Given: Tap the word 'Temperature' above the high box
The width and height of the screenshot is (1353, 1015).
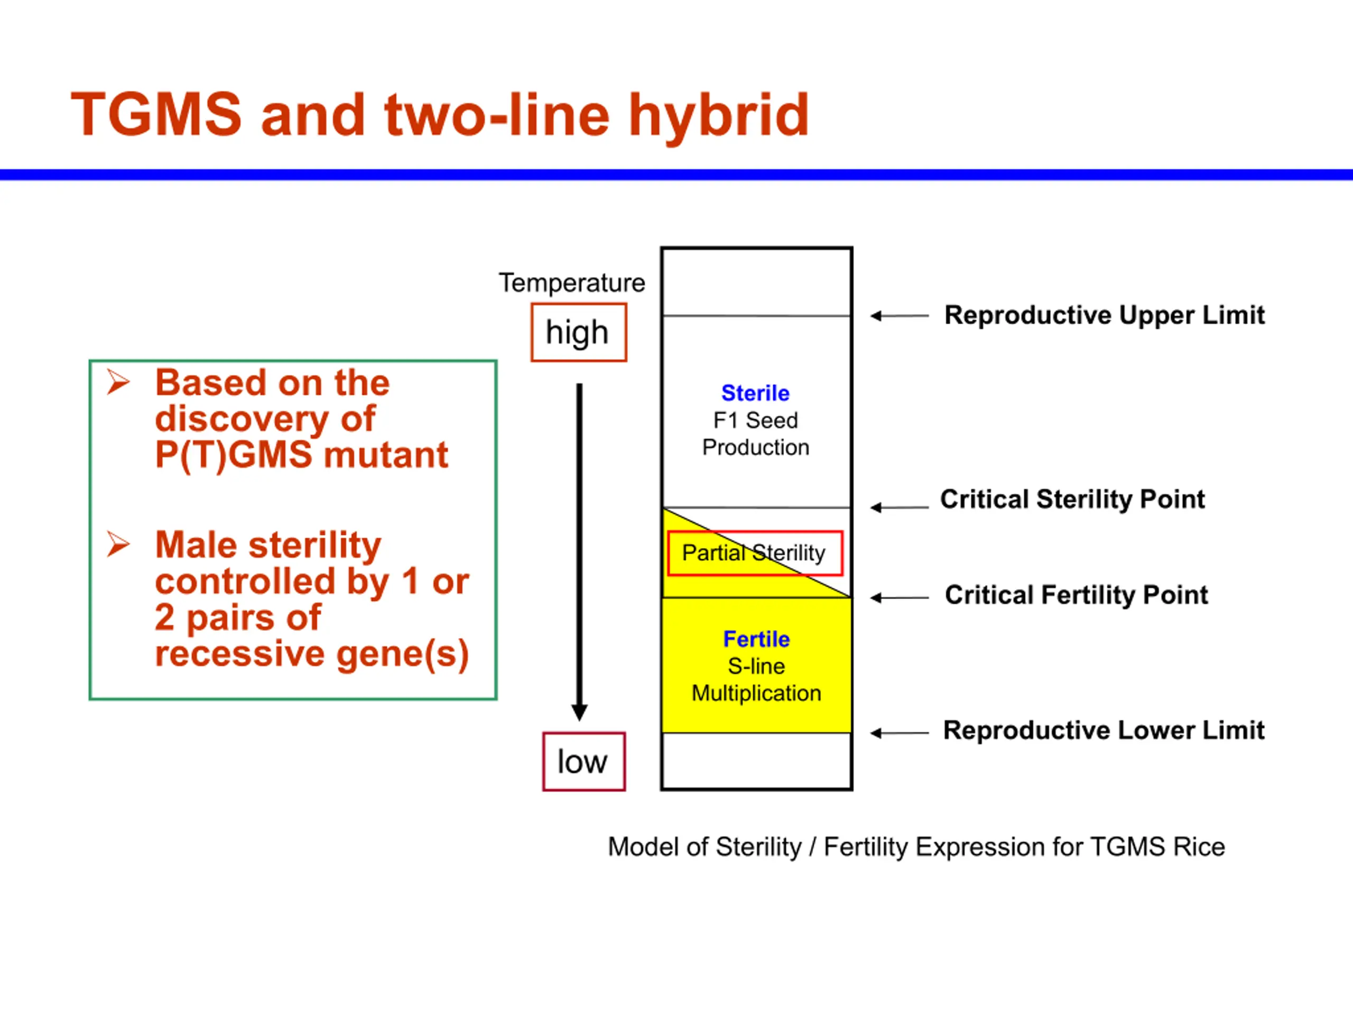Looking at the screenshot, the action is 572,283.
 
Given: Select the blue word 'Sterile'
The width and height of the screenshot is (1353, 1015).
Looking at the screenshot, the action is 755,393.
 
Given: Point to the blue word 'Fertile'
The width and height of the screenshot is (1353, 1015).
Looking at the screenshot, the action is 757,639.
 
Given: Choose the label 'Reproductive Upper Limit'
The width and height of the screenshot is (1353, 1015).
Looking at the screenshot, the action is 1104,315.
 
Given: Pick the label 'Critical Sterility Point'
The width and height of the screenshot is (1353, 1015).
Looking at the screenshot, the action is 1072,499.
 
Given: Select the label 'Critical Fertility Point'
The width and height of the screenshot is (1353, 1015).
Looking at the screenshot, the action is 1077,595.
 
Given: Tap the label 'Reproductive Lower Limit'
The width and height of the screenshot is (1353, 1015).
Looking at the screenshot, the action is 1104,730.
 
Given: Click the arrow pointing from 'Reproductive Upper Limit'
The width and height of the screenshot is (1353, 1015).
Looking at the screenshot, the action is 899,316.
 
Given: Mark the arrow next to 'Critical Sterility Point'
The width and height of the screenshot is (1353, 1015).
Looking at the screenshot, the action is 899,507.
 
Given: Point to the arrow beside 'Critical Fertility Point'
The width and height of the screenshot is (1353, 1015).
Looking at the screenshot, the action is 899,598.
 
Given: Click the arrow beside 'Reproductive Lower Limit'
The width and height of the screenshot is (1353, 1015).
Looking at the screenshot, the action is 899,733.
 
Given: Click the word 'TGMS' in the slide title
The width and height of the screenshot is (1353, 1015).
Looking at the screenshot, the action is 156,114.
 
